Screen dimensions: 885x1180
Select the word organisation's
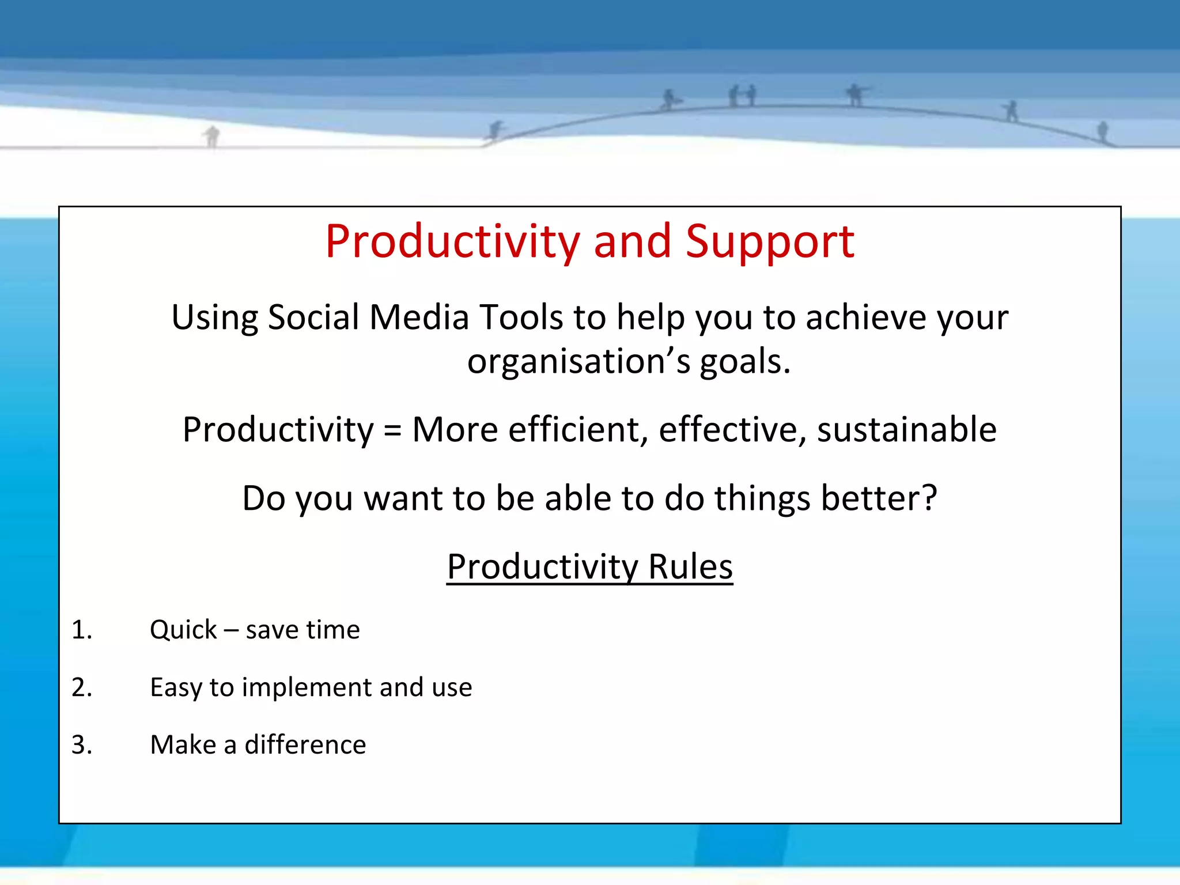point(578,362)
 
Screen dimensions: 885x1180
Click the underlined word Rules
point(690,567)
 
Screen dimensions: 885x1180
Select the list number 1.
point(81,630)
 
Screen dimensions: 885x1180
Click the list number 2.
point(81,687)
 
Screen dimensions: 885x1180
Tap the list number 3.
point(81,745)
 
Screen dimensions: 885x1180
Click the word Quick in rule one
point(183,630)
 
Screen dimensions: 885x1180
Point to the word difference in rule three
point(305,745)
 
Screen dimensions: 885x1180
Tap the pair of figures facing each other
point(742,96)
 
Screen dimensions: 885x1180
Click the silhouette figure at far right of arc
point(1102,131)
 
